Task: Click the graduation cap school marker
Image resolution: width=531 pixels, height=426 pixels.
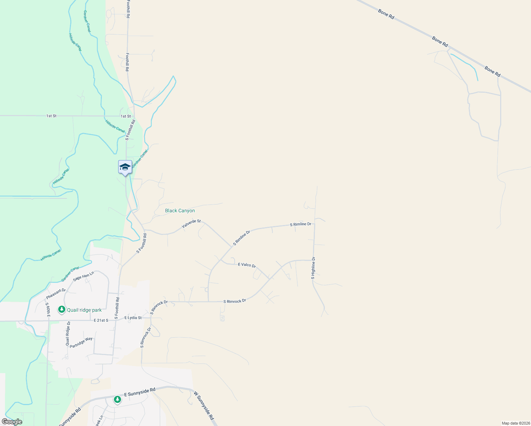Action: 125,167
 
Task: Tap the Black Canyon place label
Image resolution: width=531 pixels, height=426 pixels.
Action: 180,211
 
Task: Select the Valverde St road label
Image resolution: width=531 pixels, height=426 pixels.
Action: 191,224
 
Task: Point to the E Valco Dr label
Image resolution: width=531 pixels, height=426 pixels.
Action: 247,265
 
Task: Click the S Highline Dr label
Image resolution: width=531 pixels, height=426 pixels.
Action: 313,268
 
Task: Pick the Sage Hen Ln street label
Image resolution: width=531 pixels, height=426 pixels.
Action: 83,276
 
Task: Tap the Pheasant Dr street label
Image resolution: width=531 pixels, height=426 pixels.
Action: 56,294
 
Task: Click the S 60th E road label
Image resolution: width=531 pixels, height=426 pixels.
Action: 47,309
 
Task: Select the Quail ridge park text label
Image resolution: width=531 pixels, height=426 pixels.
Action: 84,310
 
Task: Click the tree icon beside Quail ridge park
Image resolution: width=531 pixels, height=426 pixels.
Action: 62,310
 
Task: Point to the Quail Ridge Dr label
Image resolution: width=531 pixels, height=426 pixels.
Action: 68,333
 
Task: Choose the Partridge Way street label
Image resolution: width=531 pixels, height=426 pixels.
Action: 81,342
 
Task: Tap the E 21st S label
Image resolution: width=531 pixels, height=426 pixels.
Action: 101,320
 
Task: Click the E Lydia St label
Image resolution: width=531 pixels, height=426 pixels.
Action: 133,318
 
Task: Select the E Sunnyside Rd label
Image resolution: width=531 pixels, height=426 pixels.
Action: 140,392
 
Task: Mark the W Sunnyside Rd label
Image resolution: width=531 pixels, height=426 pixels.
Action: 204,405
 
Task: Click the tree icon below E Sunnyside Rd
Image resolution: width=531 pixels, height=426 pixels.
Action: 117,400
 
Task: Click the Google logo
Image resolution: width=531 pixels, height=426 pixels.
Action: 12,422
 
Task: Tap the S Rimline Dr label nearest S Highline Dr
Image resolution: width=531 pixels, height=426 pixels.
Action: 300,224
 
